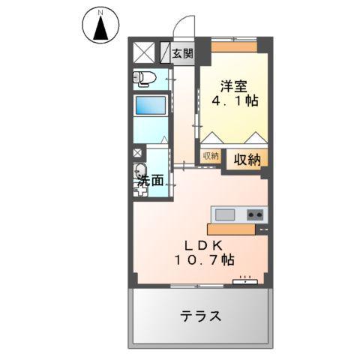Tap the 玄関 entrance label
point(181,53)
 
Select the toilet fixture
point(145,77)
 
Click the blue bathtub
point(151,105)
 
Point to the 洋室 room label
point(234,85)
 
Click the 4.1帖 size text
point(234,100)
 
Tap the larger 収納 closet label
point(245,159)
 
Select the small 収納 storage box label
point(211,156)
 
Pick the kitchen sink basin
point(226,213)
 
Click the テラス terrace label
point(200,316)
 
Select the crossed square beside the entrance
point(144,52)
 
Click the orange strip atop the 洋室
point(233,46)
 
